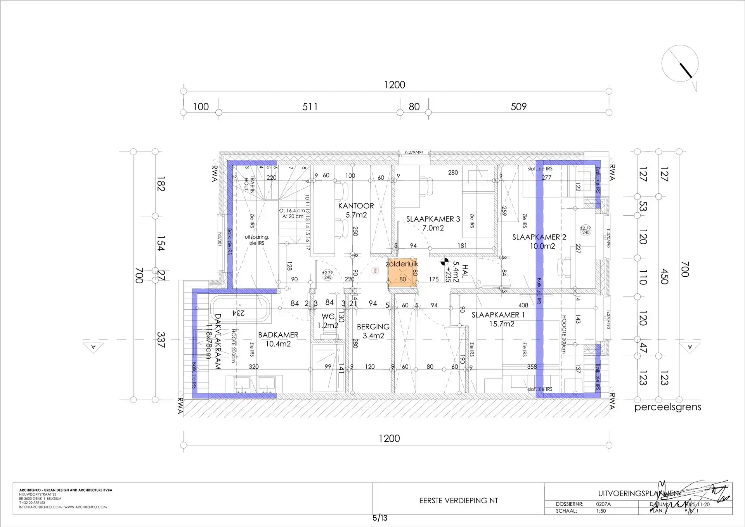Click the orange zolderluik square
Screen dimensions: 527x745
tap(403, 273)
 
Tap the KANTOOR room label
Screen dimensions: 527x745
tap(356, 206)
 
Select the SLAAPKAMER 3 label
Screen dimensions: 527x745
tap(433, 219)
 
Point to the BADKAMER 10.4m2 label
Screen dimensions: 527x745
tap(278, 339)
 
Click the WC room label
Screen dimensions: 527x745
tap(328, 317)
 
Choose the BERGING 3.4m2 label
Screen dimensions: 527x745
tap(373, 331)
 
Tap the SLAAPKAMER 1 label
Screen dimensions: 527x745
tap(498, 315)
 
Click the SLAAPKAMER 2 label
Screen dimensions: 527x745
tap(539, 237)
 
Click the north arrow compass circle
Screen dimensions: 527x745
tap(680, 64)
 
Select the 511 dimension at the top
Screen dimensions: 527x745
tap(310, 107)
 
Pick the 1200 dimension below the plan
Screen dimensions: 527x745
tap(389, 439)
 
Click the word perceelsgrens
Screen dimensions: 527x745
tap(667, 407)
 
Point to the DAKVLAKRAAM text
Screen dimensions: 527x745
tap(217, 341)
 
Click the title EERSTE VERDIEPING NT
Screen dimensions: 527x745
tap(458, 501)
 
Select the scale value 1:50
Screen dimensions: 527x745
tap(601, 511)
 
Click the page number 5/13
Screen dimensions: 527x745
tap(379, 518)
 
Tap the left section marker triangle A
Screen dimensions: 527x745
tap(93, 347)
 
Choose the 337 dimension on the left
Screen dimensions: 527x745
tap(161, 340)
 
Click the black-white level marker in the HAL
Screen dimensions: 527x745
tap(444, 262)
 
